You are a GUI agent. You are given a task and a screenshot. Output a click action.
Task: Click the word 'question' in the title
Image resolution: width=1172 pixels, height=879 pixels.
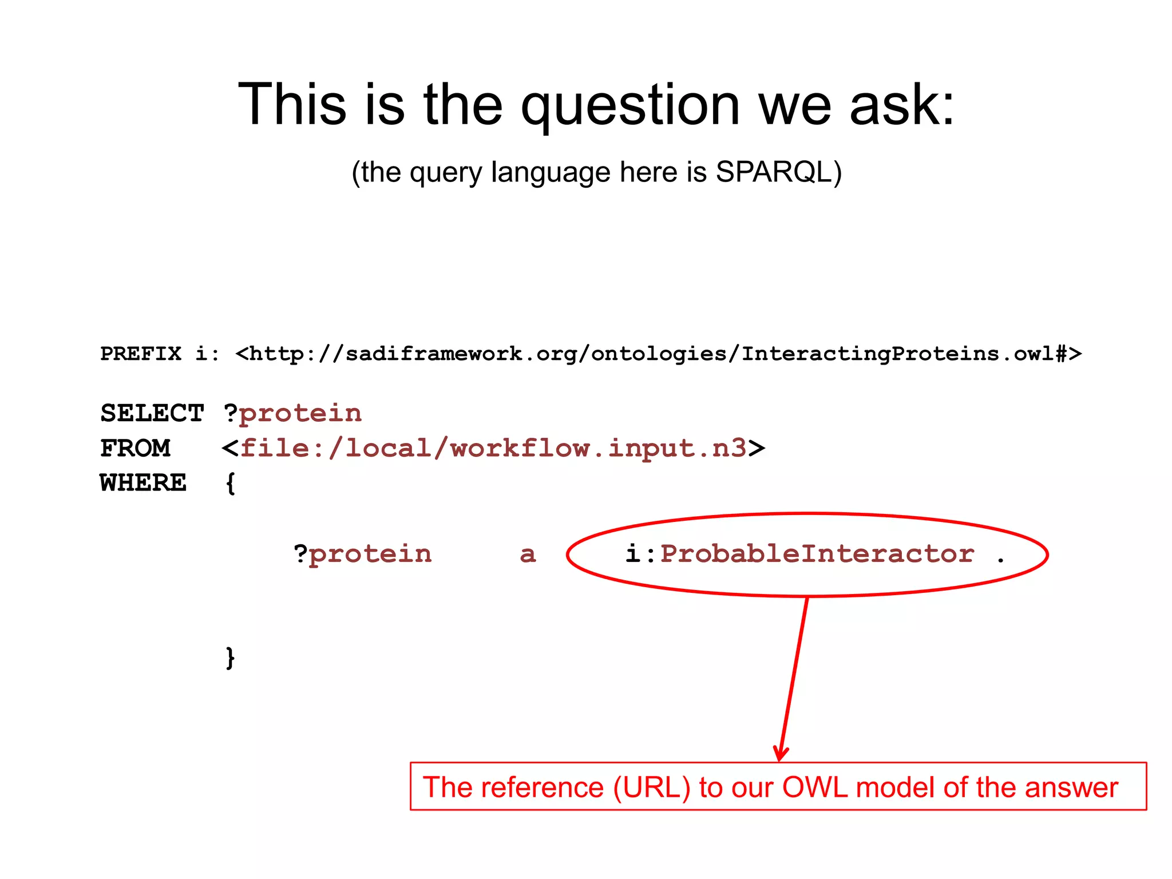630,106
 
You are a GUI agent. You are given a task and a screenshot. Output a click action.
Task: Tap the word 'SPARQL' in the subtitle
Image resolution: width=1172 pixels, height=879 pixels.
773,172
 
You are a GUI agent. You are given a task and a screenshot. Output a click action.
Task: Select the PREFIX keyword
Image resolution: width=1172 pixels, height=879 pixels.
141,354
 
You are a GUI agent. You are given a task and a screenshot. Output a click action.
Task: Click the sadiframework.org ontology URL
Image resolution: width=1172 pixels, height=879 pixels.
658,354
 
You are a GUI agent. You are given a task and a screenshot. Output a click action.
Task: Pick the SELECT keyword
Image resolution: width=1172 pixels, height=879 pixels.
152,413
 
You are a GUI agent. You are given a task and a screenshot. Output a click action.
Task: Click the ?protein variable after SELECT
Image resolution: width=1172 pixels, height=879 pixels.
293,413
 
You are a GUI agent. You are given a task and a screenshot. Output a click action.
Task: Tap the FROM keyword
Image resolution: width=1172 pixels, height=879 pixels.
136,448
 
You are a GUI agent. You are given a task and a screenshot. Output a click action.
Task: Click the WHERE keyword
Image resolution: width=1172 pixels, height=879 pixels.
143,483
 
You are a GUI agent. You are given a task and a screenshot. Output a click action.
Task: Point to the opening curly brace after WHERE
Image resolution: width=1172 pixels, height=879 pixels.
230,484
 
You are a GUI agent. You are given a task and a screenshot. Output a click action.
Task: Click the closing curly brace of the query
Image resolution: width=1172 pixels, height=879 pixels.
230,658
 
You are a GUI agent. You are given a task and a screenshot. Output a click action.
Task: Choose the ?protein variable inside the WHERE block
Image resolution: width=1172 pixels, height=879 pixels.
363,554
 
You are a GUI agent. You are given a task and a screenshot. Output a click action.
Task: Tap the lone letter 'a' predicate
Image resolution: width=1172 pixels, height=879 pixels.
528,555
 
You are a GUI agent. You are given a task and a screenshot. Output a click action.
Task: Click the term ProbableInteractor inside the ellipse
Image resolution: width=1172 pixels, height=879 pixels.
817,554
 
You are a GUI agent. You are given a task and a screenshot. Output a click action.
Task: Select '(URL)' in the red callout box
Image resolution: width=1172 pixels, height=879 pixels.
652,787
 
